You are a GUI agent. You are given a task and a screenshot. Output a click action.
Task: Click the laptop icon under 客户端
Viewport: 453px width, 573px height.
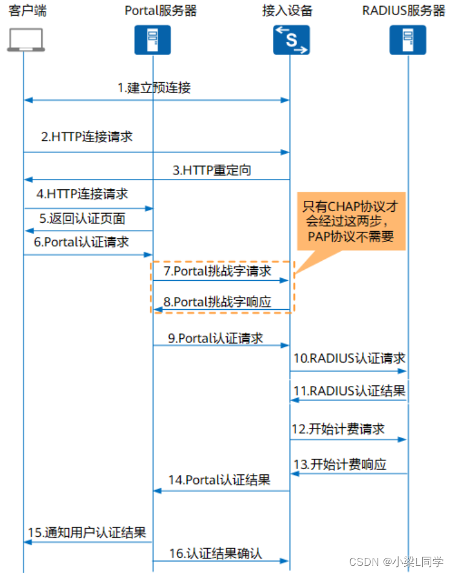(x=24, y=39)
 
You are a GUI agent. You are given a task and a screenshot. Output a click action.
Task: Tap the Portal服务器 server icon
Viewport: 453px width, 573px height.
(x=152, y=40)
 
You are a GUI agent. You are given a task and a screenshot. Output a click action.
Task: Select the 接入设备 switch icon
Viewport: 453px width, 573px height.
(x=289, y=40)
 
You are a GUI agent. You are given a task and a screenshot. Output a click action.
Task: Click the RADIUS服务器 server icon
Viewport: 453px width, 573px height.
(x=407, y=40)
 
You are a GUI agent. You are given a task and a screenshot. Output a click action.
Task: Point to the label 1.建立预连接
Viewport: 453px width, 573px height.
(x=154, y=88)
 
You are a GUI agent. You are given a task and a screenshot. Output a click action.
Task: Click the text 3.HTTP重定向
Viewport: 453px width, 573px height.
(x=212, y=170)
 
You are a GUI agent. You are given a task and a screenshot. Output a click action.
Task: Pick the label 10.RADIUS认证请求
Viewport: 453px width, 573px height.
(x=349, y=358)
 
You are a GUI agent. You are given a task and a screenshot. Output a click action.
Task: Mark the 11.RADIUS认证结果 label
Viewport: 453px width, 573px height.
(x=349, y=390)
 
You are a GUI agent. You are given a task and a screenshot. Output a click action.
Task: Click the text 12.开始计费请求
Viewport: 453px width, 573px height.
(x=338, y=429)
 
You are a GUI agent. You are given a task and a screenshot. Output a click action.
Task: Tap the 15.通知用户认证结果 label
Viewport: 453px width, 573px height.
(x=87, y=532)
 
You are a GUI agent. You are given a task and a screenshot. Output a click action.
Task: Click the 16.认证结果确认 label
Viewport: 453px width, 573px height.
(x=216, y=552)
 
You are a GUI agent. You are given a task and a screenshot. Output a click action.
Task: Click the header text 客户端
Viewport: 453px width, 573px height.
(x=24, y=11)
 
